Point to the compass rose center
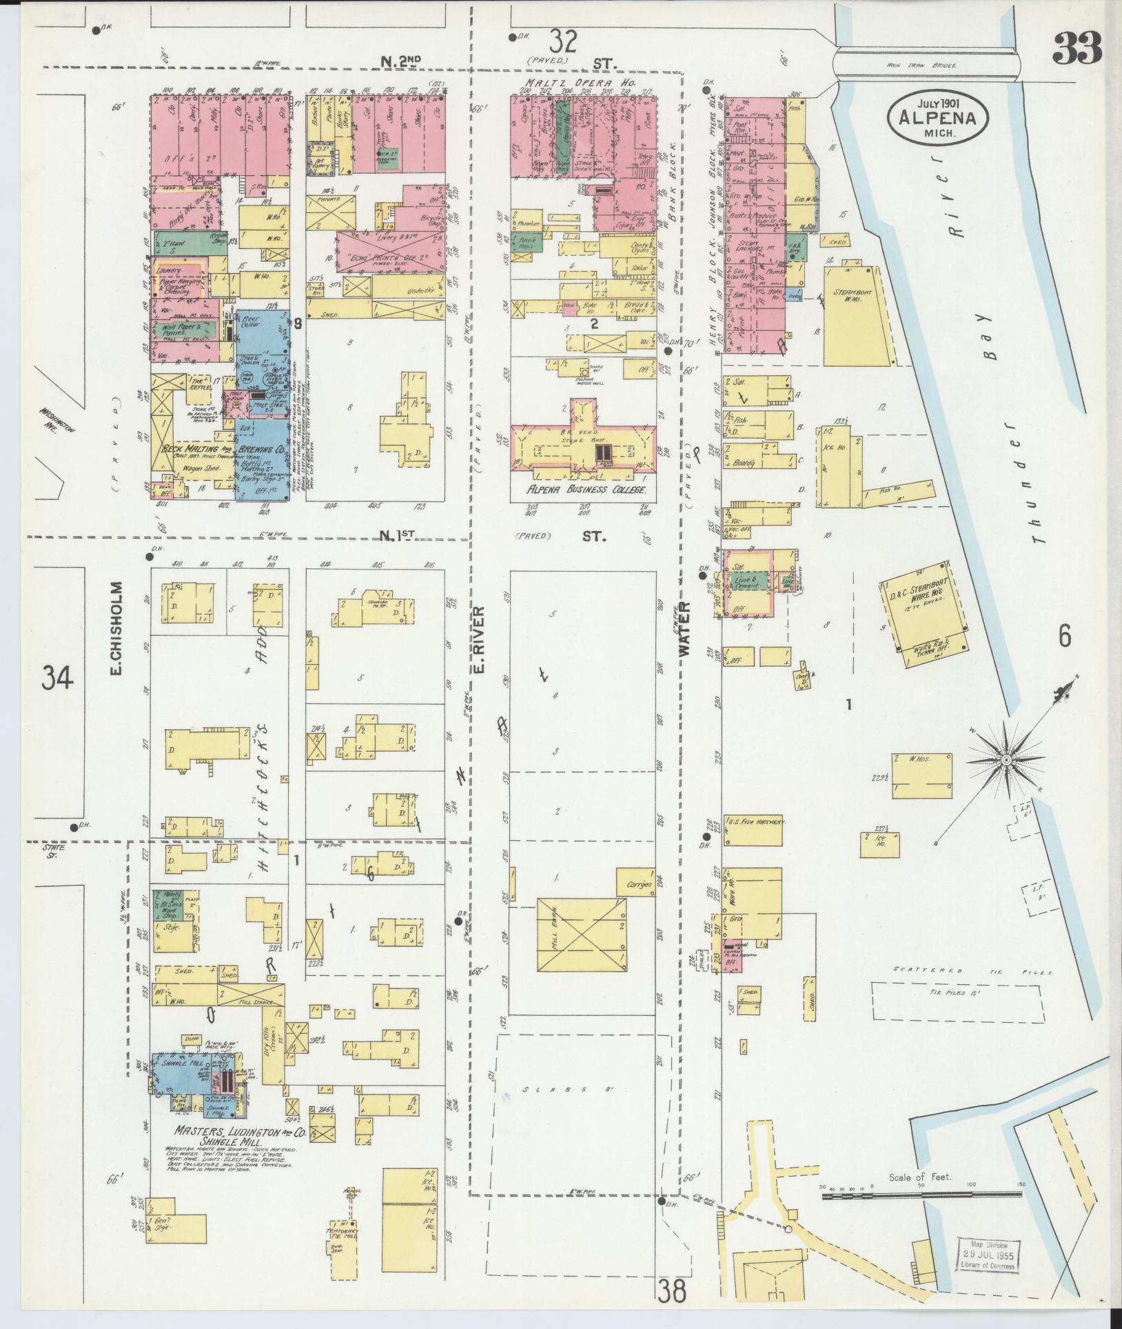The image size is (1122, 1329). tap(1006, 760)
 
